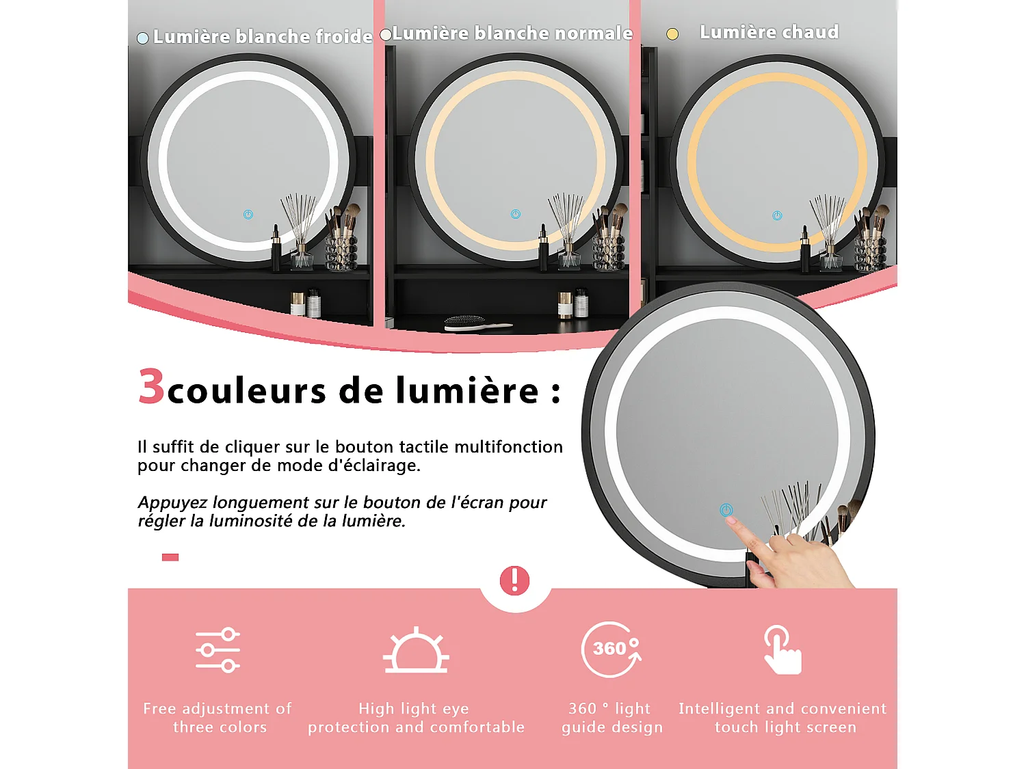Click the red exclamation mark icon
pyautogui.click(x=514, y=580)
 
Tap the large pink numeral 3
pyautogui.click(x=151, y=386)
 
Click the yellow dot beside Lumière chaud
pyautogui.click(x=672, y=34)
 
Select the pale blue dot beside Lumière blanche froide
pyautogui.click(x=142, y=38)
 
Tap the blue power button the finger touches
pyautogui.click(x=726, y=510)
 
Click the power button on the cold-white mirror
pyautogui.click(x=248, y=215)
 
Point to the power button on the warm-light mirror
pyautogui.click(x=777, y=216)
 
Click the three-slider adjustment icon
pyautogui.click(x=218, y=650)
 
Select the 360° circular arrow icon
pyautogui.click(x=611, y=649)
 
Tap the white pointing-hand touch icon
pyautogui.click(x=782, y=650)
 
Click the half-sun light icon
pyautogui.click(x=416, y=651)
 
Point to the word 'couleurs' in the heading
pyautogui.click(x=246, y=392)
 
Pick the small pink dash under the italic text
pyautogui.click(x=170, y=557)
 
